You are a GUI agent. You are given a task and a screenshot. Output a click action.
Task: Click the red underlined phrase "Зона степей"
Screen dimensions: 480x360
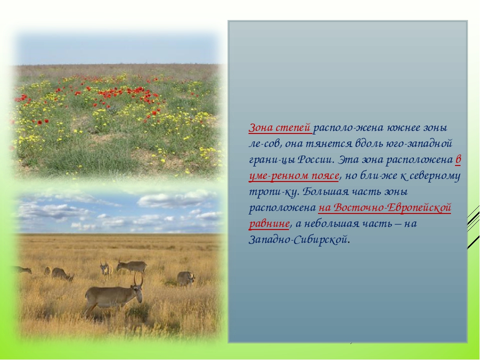coord(280,127)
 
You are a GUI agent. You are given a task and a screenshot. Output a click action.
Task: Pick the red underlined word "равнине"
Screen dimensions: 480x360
coord(269,223)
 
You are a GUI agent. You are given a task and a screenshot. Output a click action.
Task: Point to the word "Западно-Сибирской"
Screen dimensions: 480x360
coord(298,239)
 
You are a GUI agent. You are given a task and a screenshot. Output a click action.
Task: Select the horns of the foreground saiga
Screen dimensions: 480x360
coord(138,279)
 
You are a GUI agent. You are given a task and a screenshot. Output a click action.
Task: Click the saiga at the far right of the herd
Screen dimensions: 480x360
coord(185,278)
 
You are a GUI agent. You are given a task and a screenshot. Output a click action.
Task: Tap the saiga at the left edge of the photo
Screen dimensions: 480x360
coord(22,269)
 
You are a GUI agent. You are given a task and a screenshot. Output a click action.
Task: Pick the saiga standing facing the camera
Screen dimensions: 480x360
coord(105,270)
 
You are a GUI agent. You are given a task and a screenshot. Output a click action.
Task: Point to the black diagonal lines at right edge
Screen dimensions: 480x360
coord(473,226)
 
